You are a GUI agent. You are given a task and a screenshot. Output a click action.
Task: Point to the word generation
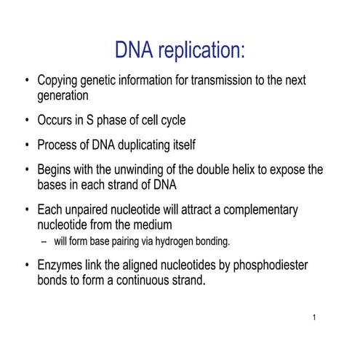click(x=65, y=95)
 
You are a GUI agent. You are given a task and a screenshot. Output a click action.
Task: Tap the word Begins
click(x=57, y=169)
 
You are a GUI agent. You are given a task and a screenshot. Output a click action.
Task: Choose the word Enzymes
click(x=62, y=265)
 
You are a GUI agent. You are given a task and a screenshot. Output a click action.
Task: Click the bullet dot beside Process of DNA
click(x=27, y=145)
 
